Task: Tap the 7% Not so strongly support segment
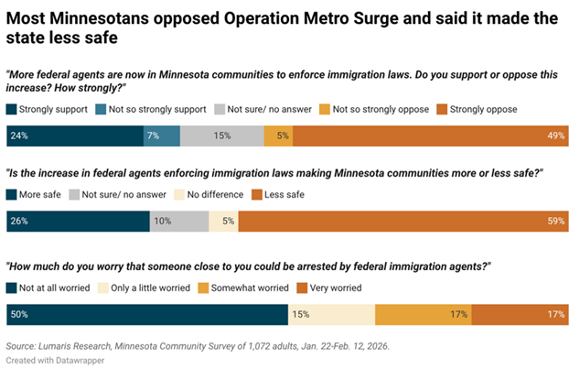click(161, 135)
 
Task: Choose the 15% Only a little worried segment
click(331, 315)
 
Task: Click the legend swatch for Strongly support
click(12, 109)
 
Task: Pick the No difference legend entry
click(215, 194)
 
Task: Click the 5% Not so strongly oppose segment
click(278, 135)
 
